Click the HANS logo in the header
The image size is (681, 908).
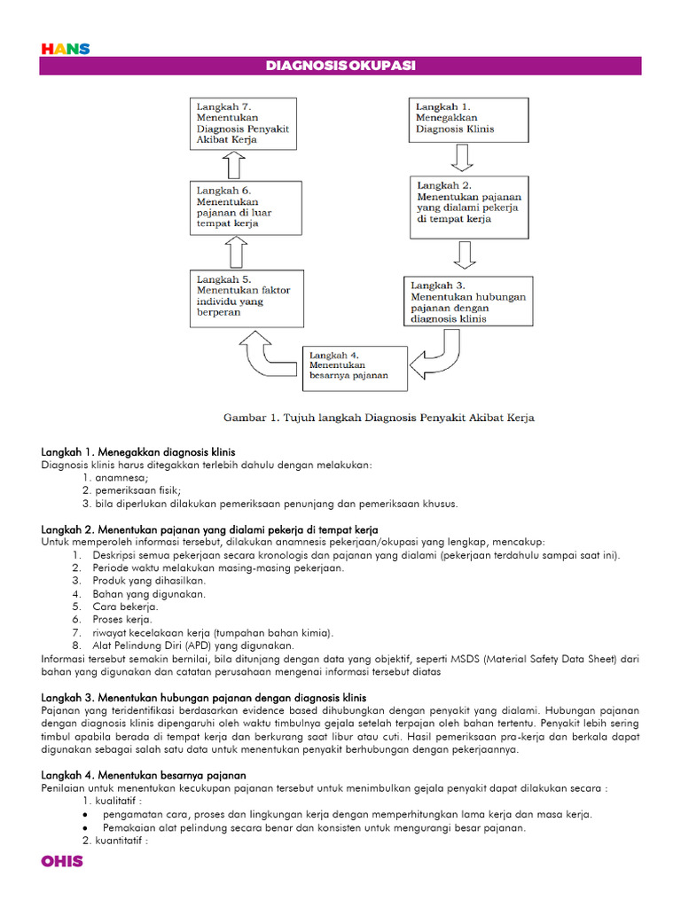coord(66,49)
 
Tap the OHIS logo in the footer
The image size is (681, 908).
coord(62,861)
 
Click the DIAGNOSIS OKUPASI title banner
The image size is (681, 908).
coord(340,66)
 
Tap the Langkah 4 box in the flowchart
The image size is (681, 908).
coord(356,367)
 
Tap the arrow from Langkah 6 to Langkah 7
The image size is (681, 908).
coord(234,163)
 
